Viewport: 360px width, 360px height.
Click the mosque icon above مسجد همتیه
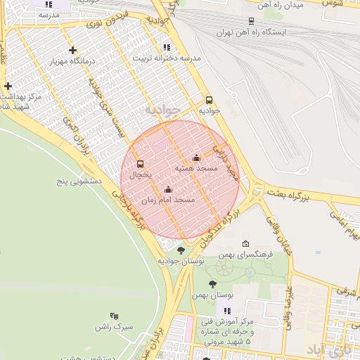196,157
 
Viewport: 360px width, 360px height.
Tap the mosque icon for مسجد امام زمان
168,189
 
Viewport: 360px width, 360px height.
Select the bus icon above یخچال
140,164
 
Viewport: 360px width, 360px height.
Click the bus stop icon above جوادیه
209,100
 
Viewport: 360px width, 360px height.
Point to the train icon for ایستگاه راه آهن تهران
252,22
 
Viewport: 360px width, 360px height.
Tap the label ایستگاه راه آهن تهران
252,32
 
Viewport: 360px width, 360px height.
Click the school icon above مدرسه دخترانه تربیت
166,47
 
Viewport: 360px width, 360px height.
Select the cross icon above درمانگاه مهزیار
72,50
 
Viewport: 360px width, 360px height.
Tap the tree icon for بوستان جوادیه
181,250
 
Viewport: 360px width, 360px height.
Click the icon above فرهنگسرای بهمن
245,243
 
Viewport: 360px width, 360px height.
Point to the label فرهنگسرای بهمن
245,254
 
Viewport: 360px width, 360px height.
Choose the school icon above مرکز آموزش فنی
226,311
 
